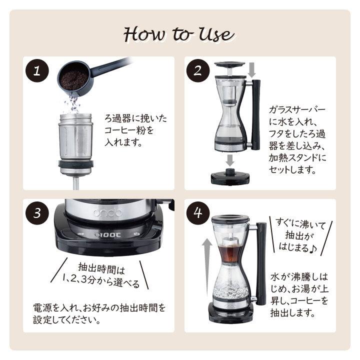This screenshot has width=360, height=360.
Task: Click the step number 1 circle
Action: (x=37, y=70)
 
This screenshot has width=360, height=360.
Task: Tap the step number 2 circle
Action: (x=198, y=70)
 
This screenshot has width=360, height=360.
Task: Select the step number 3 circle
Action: (x=37, y=213)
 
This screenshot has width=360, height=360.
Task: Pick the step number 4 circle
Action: (x=198, y=213)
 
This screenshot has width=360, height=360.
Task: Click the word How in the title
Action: (x=144, y=34)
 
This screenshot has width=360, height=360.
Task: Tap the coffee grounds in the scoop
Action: (x=74, y=80)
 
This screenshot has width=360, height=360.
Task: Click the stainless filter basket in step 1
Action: (x=75, y=143)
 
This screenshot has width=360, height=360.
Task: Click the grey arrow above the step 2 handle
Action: (x=252, y=70)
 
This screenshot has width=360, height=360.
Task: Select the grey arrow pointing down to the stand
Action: (x=229, y=160)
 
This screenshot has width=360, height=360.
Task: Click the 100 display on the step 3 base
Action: (x=107, y=235)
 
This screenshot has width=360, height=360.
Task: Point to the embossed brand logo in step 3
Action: (x=107, y=213)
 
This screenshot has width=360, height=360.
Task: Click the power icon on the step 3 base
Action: (x=137, y=234)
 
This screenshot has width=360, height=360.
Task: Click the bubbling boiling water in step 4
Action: (x=230, y=291)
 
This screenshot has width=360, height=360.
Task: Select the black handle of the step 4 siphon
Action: (x=261, y=263)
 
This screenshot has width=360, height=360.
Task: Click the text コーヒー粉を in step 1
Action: (x=129, y=130)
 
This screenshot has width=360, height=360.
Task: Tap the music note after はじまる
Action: (x=313, y=248)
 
